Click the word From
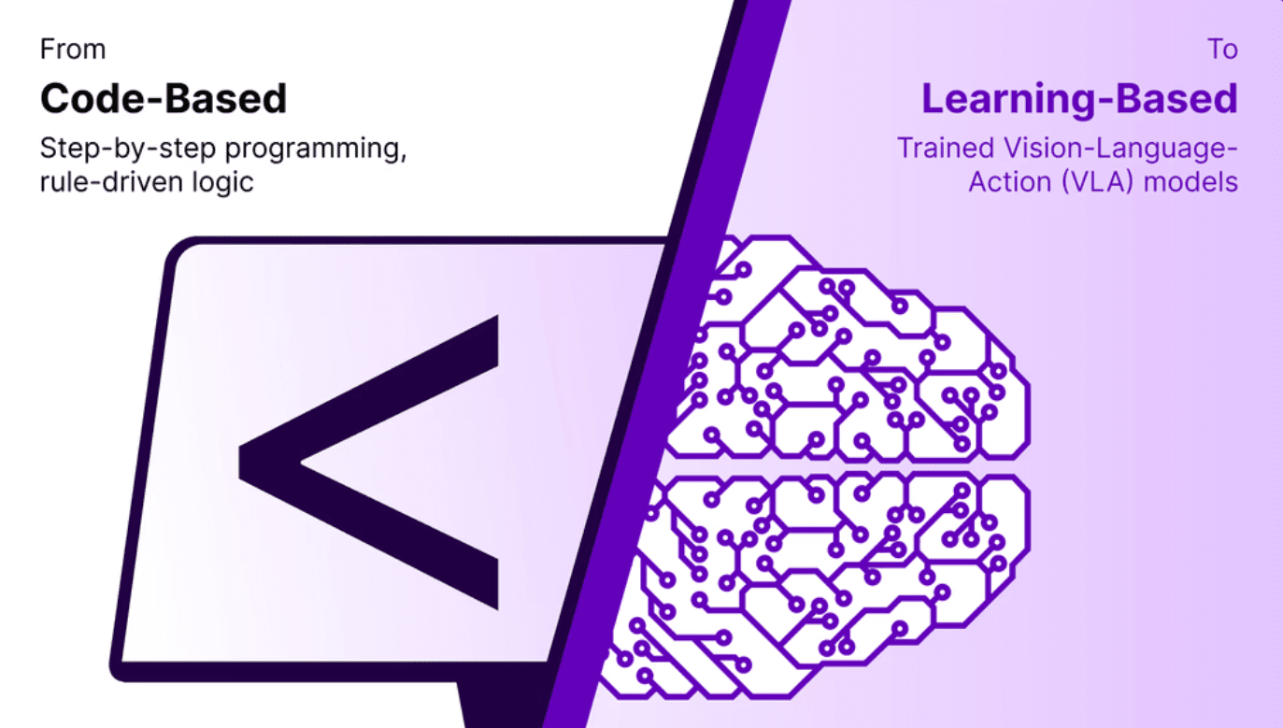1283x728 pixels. coord(73,50)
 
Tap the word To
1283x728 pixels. coord(1222,50)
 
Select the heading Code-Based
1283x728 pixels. coord(164,98)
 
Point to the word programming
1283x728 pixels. coord(316,150)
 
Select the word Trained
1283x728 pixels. coord(946,148)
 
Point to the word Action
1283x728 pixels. coord(1010,182)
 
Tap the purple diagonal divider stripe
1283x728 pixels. coord(667,364)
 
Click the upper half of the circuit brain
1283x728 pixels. coord(848,350)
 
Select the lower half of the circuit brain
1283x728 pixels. coord(820,584)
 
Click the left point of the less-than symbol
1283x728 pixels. coord(240,463)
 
